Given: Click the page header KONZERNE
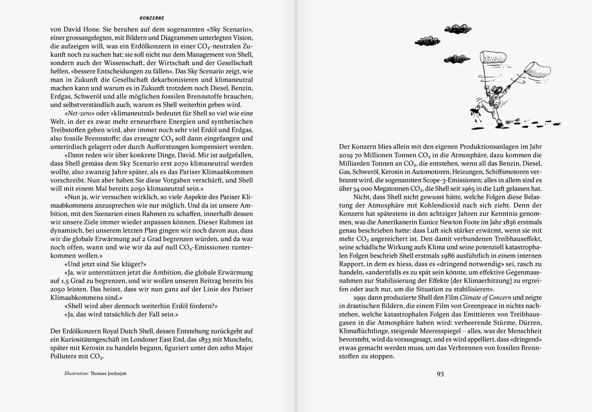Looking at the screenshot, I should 152,18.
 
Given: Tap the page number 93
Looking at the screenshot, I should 440,374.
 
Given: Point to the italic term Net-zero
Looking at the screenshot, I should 80,113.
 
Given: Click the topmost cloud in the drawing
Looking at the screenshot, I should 458,29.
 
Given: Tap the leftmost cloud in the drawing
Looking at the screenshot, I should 427,42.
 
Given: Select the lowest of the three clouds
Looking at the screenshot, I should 457,59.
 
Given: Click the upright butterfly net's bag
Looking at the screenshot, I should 493,57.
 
